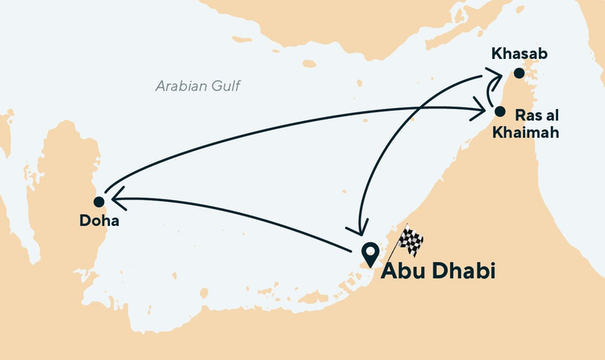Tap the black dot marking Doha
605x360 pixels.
click(98, 202)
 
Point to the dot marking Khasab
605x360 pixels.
click(519, 73)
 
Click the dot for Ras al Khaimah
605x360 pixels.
click(499, 111)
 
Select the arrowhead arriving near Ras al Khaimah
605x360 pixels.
click(486, 107)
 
